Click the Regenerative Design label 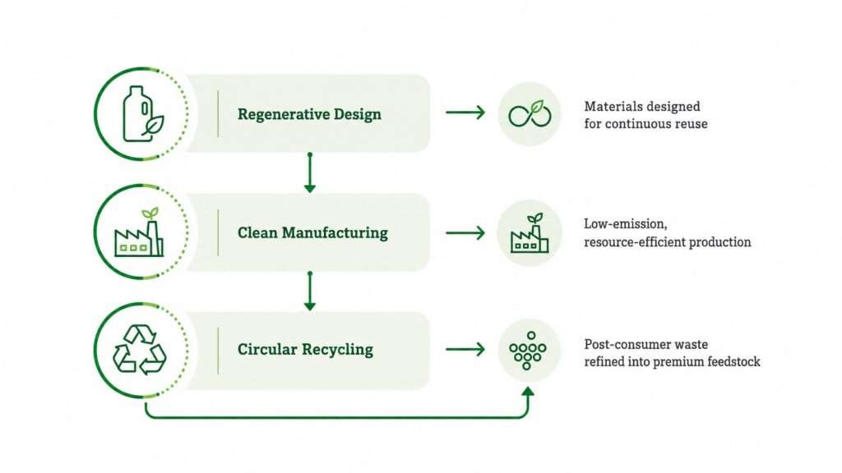tap(309, 114)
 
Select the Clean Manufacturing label tap(312, 232)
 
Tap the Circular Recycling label tap(305, 350)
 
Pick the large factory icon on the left tap(139, 232)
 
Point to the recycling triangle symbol tap(140, 350)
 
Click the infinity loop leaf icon tap(530, 113)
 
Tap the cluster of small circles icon tap(527, 350)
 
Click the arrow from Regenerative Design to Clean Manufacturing tap(310, 172)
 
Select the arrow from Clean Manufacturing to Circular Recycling tap(310, 292)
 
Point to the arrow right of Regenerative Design tap(465, 113)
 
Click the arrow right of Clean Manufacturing tap(465, 232)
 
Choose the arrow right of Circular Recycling tap(465, 350)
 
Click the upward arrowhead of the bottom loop tap(528, 392)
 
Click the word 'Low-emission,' tap(626, 224)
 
